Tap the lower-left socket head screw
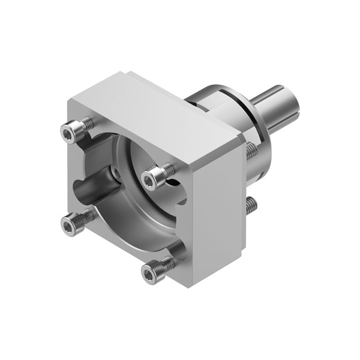point(72,224)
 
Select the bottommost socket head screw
point(152,272)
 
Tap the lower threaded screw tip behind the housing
point(251,207)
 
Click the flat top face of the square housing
point(162,111)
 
